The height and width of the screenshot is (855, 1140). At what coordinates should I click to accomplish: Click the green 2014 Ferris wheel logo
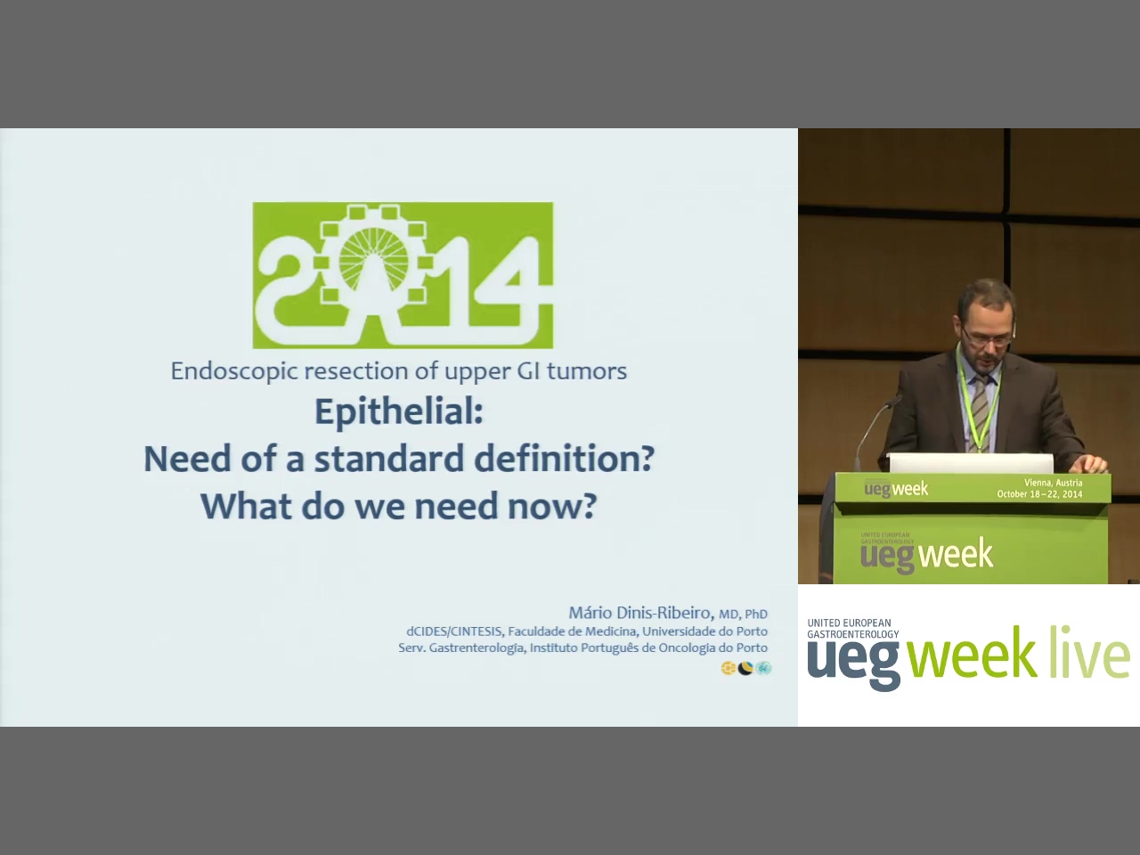coord(403,275)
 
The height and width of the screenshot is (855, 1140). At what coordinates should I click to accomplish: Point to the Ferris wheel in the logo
coord(373,259)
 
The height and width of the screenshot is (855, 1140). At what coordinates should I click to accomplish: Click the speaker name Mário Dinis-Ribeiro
coord(640,613)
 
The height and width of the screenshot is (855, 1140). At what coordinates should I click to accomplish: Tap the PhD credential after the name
coord(756,615)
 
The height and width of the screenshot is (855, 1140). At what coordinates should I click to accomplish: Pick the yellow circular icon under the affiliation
coord(729,668)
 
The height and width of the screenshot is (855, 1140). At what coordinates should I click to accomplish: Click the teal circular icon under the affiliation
coord(763,668)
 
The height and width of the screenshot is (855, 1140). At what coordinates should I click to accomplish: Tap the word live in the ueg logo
coord(1089,652)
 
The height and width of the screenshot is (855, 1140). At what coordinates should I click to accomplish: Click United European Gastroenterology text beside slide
coord(853,628)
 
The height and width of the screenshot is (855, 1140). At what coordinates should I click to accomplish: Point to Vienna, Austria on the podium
coord(1054,483)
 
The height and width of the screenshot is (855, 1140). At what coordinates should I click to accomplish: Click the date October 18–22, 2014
coord(1039,494)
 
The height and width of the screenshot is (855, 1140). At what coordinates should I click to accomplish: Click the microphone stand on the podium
coord(874,431)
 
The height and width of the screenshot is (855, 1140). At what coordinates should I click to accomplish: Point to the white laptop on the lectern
coord(971,462)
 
